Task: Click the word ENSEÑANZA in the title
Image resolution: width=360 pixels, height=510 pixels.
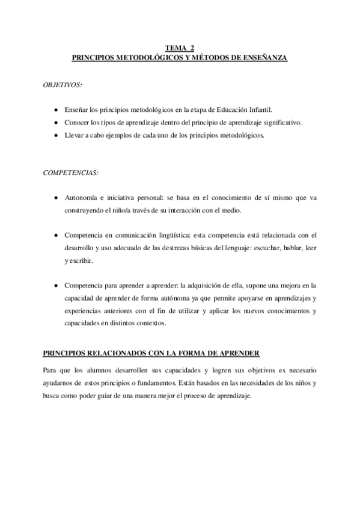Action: tap(264, 58)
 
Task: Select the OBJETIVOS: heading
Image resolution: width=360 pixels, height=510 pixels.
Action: tap(63, 85)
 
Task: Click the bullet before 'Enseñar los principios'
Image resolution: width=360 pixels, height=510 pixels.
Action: tap(55, 111)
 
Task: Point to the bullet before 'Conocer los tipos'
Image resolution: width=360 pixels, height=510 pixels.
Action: tap(55, 123)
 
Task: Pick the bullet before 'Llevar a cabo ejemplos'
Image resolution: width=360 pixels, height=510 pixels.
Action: tap(55, 135)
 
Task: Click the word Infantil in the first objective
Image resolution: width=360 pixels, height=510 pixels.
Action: tap(259, 111)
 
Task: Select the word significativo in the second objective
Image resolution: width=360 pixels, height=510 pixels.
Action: tap(279, 123)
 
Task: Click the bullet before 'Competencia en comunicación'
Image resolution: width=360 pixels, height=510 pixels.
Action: tap(55, 235)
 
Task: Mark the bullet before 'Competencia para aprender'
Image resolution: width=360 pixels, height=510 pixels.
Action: tap(55, 286)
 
